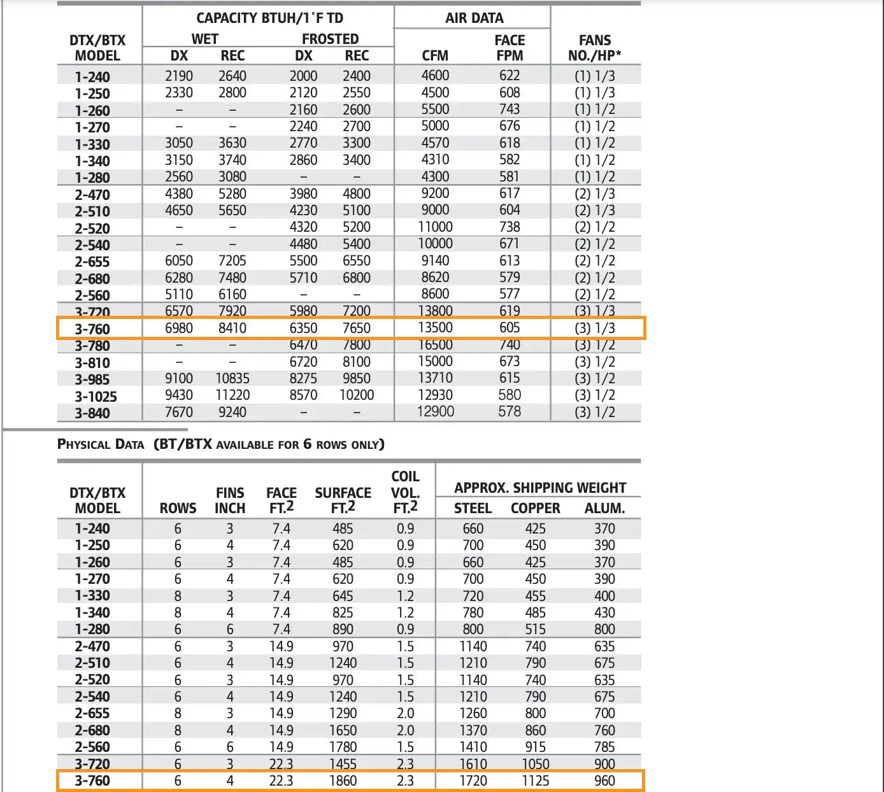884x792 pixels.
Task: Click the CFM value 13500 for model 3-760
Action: click(x=435, y=328)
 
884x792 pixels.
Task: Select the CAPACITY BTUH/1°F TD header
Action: click(x=269, y=18)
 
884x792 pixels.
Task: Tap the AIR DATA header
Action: click(x=474, y=18)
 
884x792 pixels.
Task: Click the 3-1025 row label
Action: click(x=96, y=397)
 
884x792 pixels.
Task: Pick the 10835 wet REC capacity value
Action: click(x=232, y=378)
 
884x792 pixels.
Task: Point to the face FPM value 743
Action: click(x=510, y=110)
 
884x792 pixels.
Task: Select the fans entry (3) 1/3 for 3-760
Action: click(x=595, y=328)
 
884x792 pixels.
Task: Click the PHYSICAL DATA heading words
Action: click(x=101, y=444)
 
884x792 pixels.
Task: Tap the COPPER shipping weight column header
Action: click(x=535, y=509)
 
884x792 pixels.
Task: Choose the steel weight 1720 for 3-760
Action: click(x=473, y=781)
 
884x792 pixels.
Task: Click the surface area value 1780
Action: click(x=343, y=747)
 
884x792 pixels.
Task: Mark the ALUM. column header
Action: click(x=604, y=509)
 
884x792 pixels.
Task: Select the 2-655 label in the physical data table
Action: click(x=92, y=714)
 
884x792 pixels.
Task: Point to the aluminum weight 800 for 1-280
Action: click(x=604, y=630)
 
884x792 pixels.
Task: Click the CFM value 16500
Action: click(x=435, y=345)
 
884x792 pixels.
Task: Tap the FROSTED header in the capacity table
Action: click(x=330, y=39)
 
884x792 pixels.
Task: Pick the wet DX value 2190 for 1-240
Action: click(x=179, y=76)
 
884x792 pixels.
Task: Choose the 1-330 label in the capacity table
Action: click(x=92, y=145)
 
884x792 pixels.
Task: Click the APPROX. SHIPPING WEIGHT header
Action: click(x=540, y=488)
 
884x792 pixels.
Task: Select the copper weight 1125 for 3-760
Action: click(x=535, y=781)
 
